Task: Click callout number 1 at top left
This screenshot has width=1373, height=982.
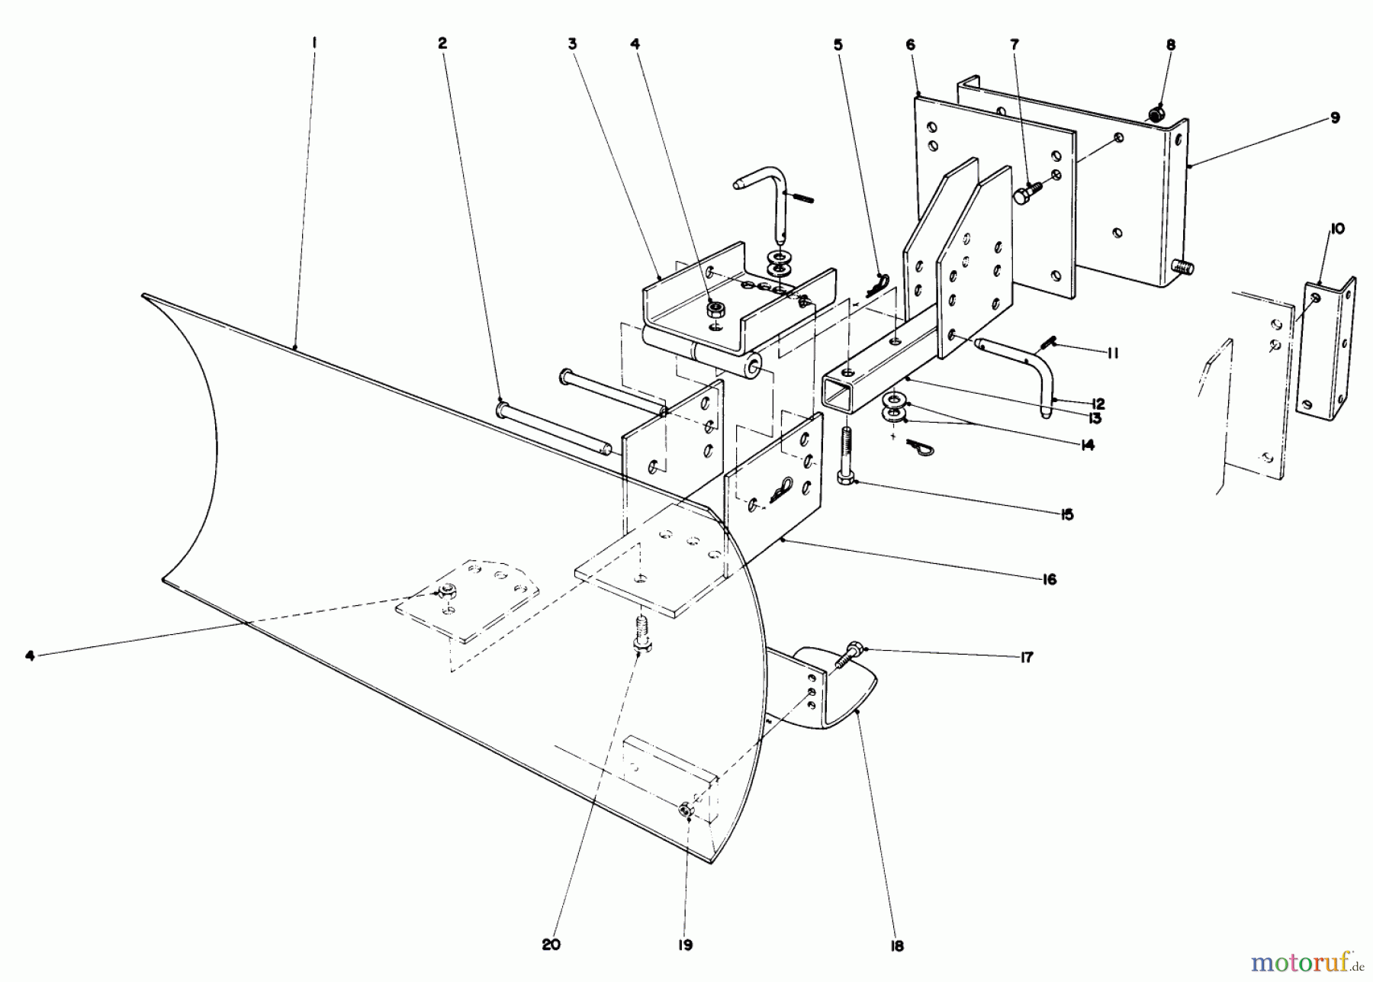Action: [x=314, y=44]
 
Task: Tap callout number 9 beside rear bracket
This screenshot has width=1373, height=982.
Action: [x=1334, y=118]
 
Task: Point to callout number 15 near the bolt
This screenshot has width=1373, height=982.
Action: [x=1066, y=514]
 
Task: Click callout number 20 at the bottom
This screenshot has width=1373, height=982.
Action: [x=551, y=945]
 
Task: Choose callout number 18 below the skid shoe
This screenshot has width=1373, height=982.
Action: [x=896, y=946]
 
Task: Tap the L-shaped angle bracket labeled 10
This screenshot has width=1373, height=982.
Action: [x=1327, y=343]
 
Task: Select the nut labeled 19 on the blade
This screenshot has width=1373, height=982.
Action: [x=686, y=811]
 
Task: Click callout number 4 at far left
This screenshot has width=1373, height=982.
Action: [x=30, y=655]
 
